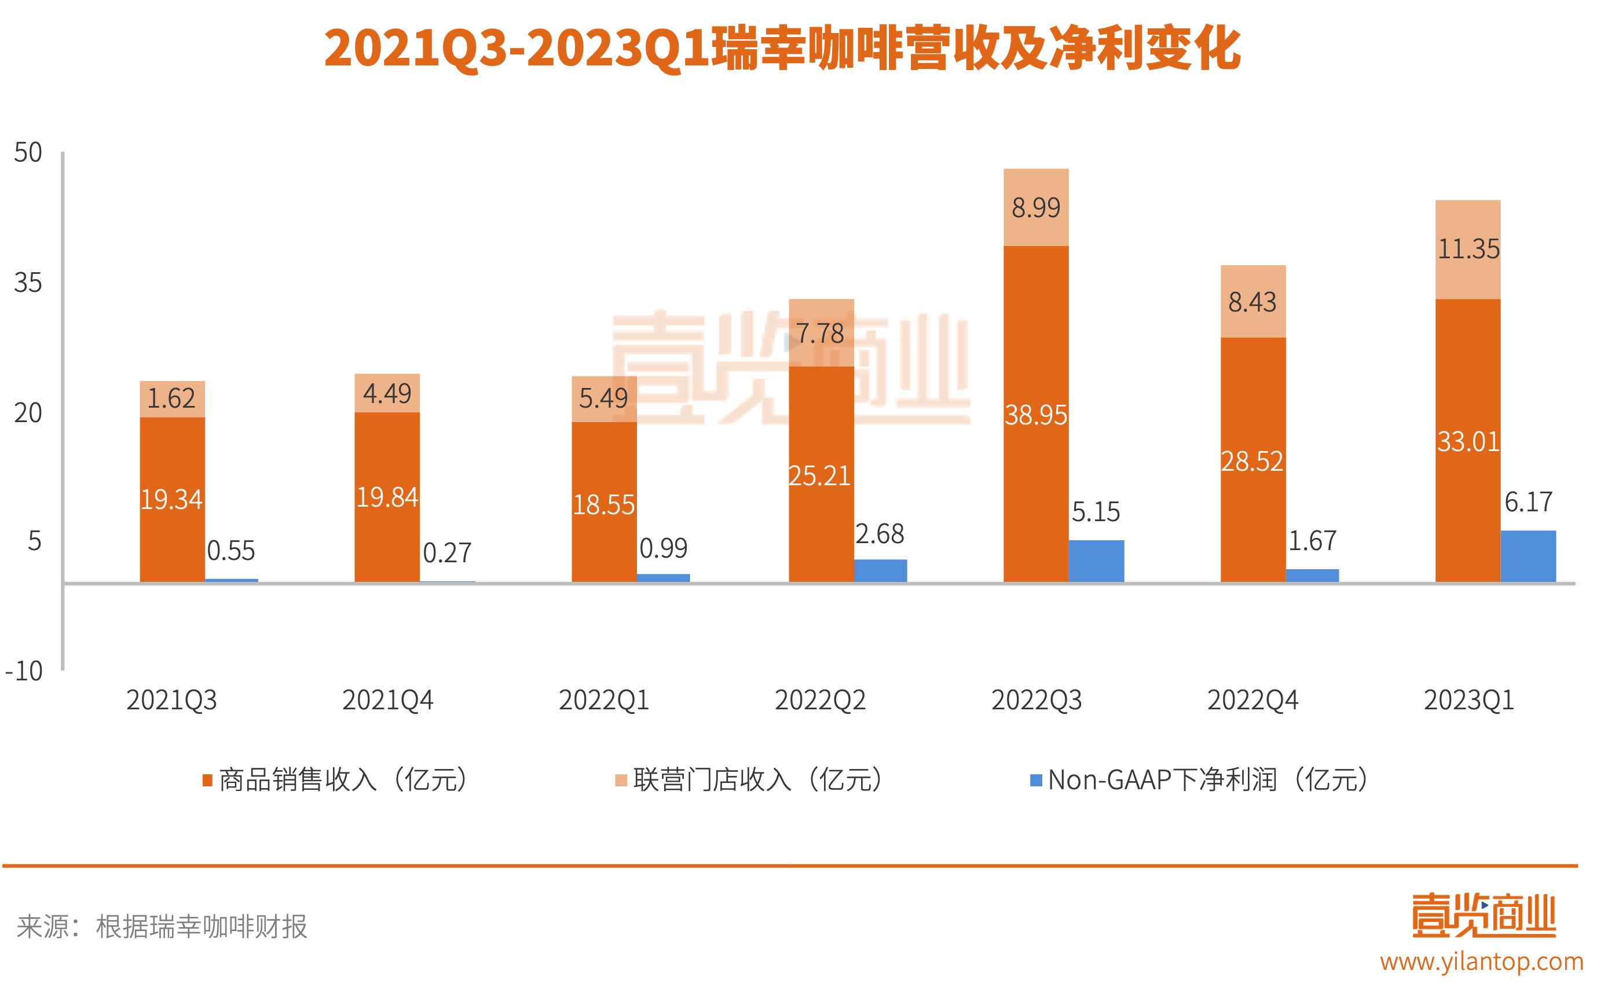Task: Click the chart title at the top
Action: tap(782, 49)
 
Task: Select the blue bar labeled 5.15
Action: tap(1096, 561)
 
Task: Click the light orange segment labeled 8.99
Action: tap(1035, 207)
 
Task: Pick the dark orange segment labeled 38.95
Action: tap(1035, 415)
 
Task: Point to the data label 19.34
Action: tap(171, 500)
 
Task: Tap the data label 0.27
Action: tap(447, 554)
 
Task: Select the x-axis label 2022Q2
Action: tap(820, 701)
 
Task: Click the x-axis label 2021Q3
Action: tap(171, 701)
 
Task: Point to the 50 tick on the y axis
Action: tap(28, 152)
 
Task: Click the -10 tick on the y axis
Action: tap(24, 671)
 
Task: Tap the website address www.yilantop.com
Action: tap(1481, 962)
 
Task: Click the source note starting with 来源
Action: tap(162, 926)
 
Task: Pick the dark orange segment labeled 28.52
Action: tap(1252, 461)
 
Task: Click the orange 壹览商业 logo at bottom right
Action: tap(1483, 915)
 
